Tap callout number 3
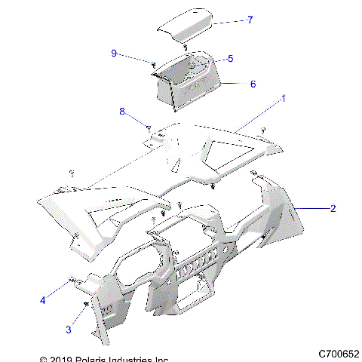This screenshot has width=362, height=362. point(69,329)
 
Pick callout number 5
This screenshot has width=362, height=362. point(230,58)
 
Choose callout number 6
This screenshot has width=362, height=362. point(253,84)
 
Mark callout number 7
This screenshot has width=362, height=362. point(250,20)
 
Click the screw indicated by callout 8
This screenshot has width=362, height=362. point(149,126)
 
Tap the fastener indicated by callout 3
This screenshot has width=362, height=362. point(87,304)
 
